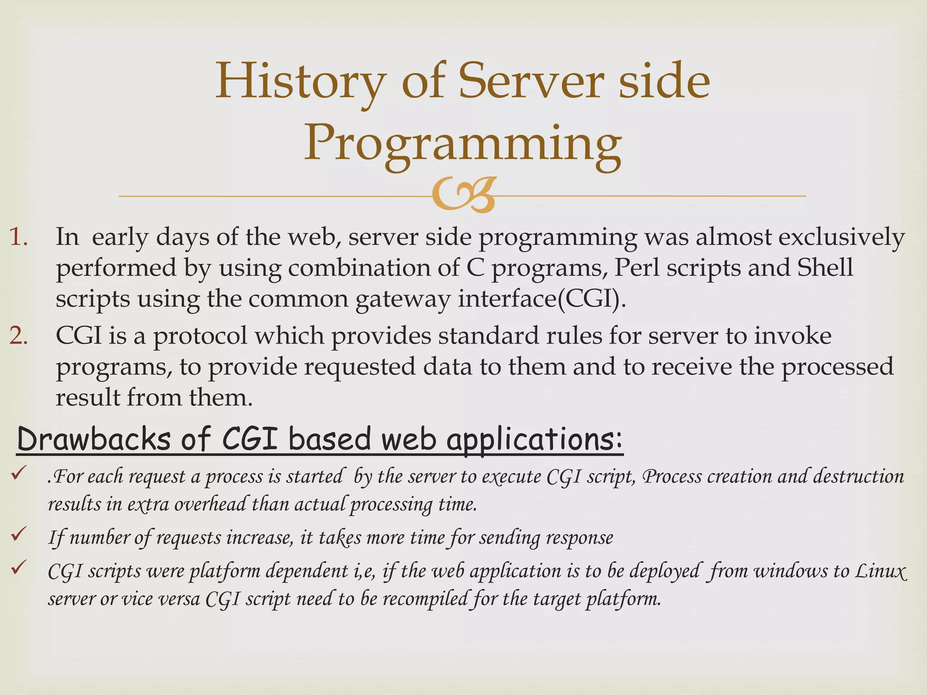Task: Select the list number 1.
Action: click(x=19, y=237)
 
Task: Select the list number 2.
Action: click(x=19, y=336)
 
